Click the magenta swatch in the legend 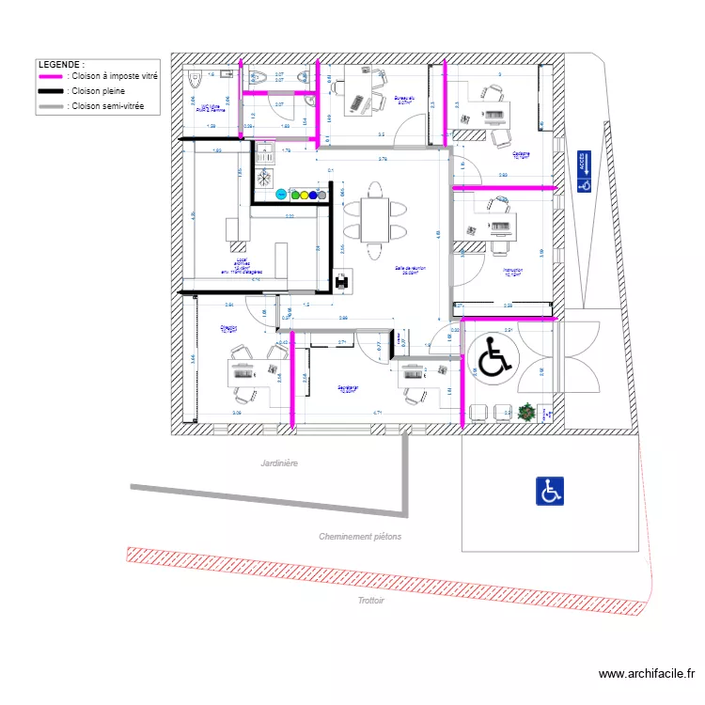pyautogui.click(x=51, y=76)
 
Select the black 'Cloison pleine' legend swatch pyautogui.click(x=51, y=91)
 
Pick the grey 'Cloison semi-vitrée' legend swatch pyautogui.click(x=51, y=106)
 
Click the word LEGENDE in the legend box pyautogui.click(x=61, y=63)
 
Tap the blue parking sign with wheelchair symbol pyautogui.click(x=550, y=491)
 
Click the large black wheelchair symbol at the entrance pyautogui.click(x=493, y=358)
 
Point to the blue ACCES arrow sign pyautogui.click(x=584, y=172)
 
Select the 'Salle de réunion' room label pyautogui.click(x=411, y=270)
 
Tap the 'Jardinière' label pyautogui.click(x=279, y=462)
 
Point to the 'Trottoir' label pyautogui.click(x=371, y=599)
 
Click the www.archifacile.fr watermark pyautogui.click(x=649, y=674)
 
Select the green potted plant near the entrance pyautogui.click(x=525, y=411)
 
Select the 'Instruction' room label pyautogui.click(x=513, y=273)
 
